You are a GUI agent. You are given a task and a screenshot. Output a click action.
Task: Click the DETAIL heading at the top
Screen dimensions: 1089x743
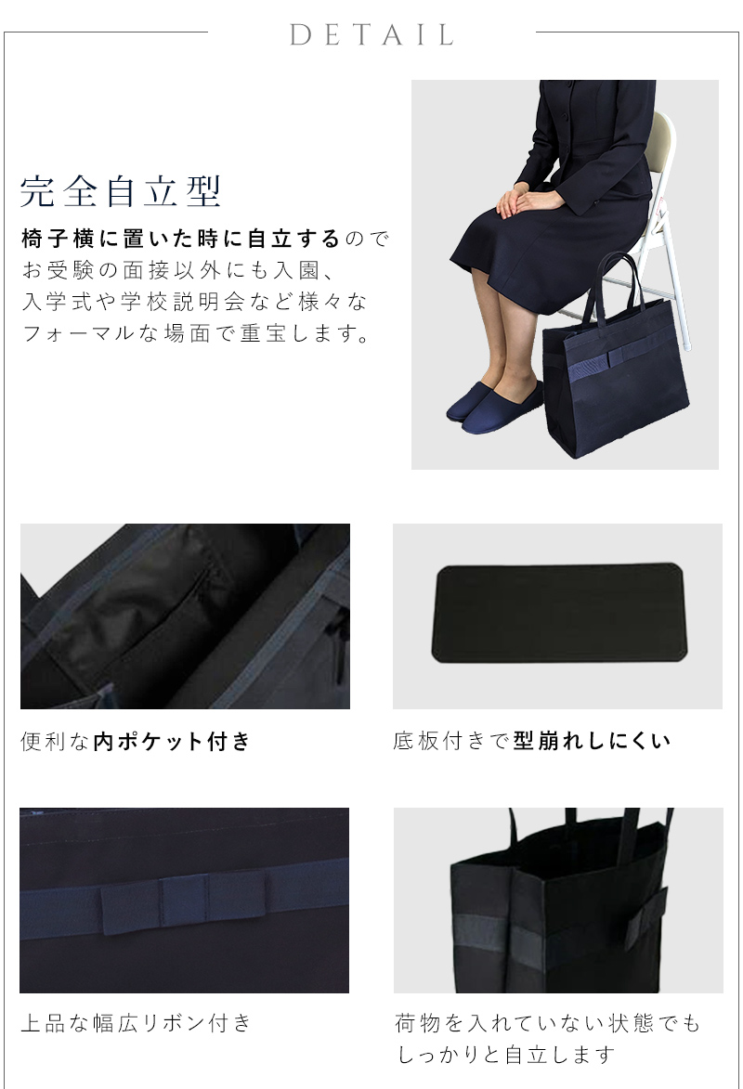[371, 35]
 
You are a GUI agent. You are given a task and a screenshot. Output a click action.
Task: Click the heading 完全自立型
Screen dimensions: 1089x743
[121, 190]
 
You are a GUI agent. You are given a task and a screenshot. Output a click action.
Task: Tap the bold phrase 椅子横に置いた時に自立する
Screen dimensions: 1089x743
[181, 239]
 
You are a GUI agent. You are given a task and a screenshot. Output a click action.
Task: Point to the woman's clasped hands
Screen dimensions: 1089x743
[525, 200]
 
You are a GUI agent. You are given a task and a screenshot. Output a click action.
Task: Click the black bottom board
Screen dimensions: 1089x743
[557, 615]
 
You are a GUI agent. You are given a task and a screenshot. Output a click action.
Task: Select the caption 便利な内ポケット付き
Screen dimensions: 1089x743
[136, 741]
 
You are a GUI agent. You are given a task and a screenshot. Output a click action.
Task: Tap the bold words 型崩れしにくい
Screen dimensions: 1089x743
[592, 741]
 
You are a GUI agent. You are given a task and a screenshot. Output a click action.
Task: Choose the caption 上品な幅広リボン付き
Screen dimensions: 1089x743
[136, 1023]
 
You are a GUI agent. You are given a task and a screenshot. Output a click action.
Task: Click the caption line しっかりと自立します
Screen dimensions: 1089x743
[506, 1055]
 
